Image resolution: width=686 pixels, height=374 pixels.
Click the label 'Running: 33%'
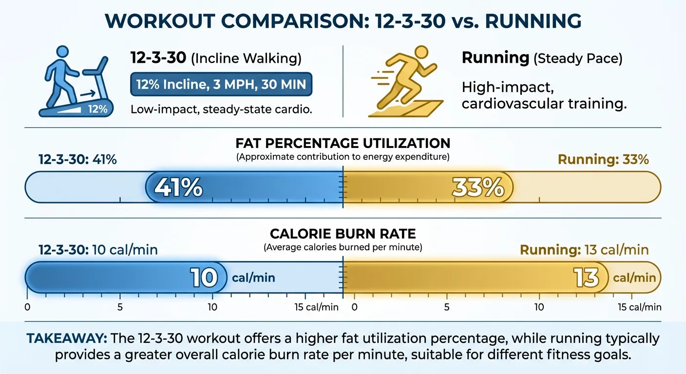[603, 159]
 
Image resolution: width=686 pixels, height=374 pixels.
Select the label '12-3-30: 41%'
[78, 159]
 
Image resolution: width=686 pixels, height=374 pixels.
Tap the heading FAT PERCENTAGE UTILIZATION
[343, 143]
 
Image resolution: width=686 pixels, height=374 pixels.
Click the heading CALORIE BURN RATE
[343, 233]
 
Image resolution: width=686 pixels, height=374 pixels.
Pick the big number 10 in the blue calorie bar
[204, 278]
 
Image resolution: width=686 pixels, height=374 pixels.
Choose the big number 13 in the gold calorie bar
[586, 278]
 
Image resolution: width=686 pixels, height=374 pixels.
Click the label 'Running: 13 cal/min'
[584, 250]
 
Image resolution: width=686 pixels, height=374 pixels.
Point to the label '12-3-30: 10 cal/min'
[98, 250]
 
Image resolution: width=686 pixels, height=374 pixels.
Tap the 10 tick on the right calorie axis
[539, 307]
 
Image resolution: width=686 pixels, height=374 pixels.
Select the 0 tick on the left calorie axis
[27, 307]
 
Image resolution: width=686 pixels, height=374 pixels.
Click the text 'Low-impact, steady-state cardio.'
[221, 110]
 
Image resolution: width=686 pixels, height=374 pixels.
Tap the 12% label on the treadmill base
[97, 109]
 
